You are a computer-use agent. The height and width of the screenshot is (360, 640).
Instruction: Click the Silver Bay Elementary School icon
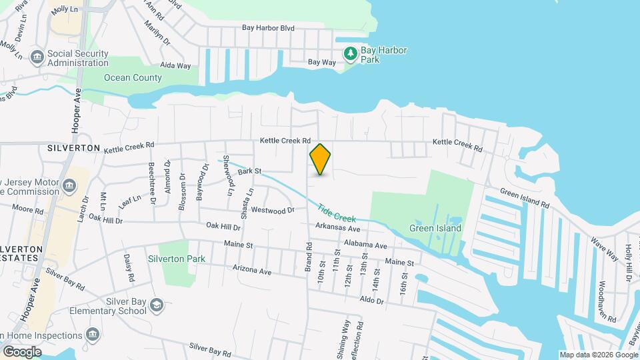[x=157, y=305]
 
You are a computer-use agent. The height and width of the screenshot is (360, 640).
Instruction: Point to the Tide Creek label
[x=336, y=212]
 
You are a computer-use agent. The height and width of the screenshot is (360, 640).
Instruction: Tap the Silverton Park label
[x=176, y=259]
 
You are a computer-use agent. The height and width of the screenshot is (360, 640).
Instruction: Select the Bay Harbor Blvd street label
[x=268, y=29]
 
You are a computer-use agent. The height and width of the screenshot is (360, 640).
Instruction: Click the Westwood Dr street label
[x=273, y=211]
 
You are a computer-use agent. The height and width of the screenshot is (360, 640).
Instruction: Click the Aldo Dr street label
[x=371, y=301]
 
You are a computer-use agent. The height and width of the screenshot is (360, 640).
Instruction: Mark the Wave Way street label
[x=604, y=253]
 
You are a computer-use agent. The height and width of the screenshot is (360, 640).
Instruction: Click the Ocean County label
[x=132, y=78]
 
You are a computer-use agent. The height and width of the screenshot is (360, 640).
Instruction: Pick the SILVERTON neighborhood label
[x=73, y=148]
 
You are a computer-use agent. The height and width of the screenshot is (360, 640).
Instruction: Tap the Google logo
[x=22, y=352]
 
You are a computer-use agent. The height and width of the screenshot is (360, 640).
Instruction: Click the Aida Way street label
[x=175, y=66]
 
